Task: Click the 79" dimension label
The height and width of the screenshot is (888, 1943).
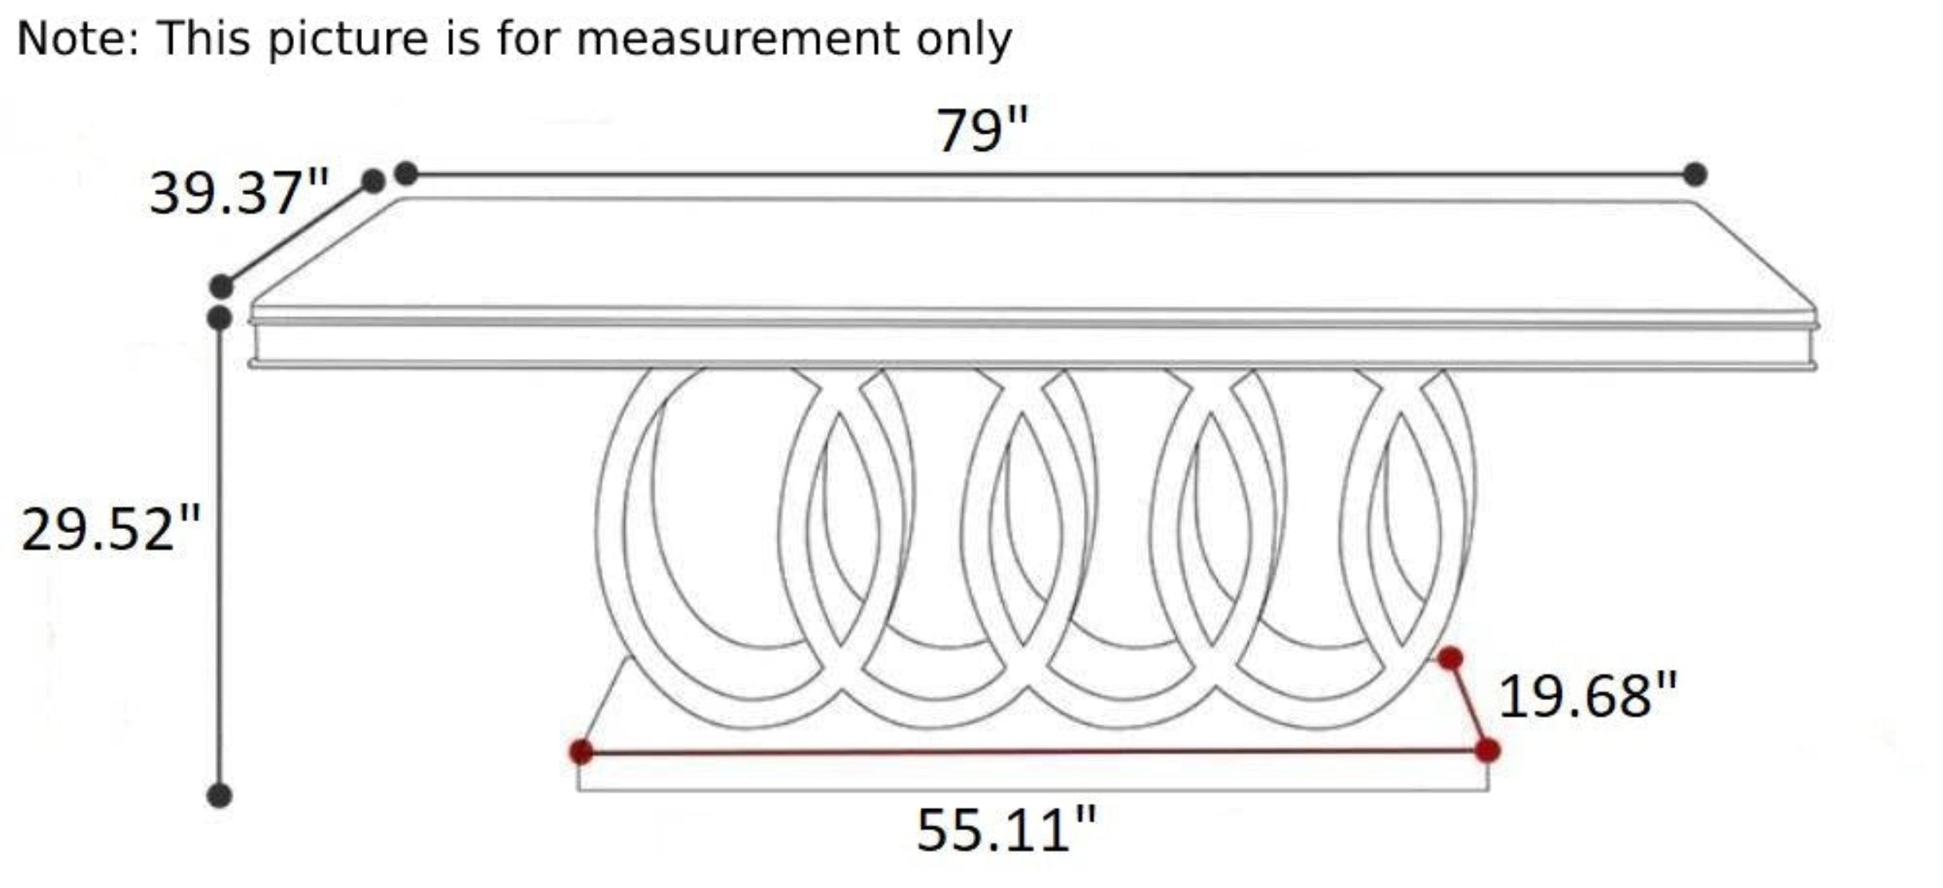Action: [x=981, y=130]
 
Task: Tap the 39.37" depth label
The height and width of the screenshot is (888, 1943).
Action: [x=239, y=193]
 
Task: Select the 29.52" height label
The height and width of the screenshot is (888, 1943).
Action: [x=110, y=528]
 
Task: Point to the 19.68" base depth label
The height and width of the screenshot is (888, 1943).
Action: [x=1587, y=695]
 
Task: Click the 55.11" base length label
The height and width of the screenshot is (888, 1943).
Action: [x=1006, y=830]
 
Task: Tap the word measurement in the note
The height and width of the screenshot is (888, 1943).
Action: [x=737, y=38]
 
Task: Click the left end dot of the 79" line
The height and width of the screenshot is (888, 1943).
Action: [x=406, y=173]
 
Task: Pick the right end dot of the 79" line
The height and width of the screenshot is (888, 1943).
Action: [x=1694, y=174]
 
